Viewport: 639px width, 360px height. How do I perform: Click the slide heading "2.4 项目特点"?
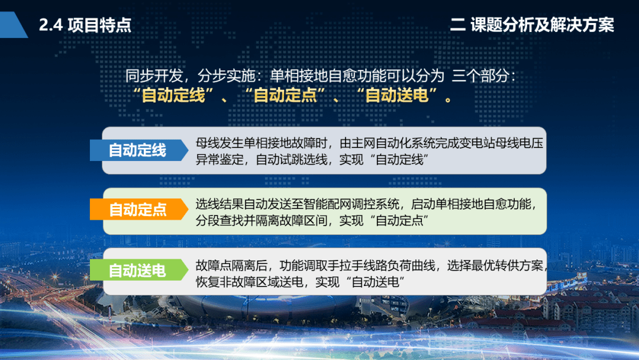pyautogui.click(x=85, y=25)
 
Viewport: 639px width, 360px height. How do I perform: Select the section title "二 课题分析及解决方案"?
pyautogui.click(x=532, y=24)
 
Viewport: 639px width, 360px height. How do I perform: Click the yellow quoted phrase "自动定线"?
pyautogui.click(x=173, y=95)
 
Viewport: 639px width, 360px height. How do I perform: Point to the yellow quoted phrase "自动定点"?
pyautogui.click(x=285, y=95)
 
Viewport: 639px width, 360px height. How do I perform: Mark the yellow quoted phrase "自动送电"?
pyautogui.click(x=396, y=95)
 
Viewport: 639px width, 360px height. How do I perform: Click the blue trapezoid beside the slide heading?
pyautogui.click(x=14, y=25)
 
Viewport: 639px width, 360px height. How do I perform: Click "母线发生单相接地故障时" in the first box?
pyautogui.click(x=262, y=143)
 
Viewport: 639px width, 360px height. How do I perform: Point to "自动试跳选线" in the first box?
pyautogui.click(x=291, y=159)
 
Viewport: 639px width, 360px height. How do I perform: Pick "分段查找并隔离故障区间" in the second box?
pyautogui.click(x=262, y=221)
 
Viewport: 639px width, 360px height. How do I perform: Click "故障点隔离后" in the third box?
pyautogui.click(x=231, y=265)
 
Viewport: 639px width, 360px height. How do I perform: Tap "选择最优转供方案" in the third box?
pyautogui.click(x=495, y=265)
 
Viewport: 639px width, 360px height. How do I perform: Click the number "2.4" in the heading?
pyautogui.click(x=51, y=25)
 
